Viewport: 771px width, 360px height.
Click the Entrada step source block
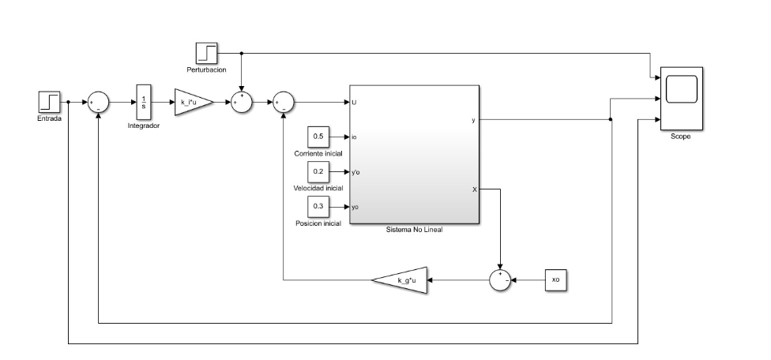coord(48,102)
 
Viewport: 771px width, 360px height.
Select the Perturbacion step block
coord(206,54)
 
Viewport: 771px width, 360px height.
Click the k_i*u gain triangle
coord(192,102)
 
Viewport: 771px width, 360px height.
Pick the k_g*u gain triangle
coord(401,279)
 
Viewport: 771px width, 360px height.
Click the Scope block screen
coord(682,89)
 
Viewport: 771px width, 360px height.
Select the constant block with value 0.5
coord(318,137)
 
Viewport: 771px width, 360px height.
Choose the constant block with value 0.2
coord(318,171)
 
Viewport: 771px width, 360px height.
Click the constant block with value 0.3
coord(318,206)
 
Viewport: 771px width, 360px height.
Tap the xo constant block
coord(555,279)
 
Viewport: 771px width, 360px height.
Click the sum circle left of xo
coord(500,279)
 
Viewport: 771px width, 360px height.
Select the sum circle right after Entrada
coord(99,102)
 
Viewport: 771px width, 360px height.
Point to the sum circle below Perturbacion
coord(242,102)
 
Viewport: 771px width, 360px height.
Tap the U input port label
coord(354,102)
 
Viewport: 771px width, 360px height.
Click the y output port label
coord(472,120)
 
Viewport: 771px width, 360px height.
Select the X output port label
coord(473,189)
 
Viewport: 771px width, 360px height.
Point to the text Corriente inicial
coord(318,153)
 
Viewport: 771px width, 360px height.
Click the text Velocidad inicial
coord(318,188)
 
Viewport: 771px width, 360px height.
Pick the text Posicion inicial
coord(318,223)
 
